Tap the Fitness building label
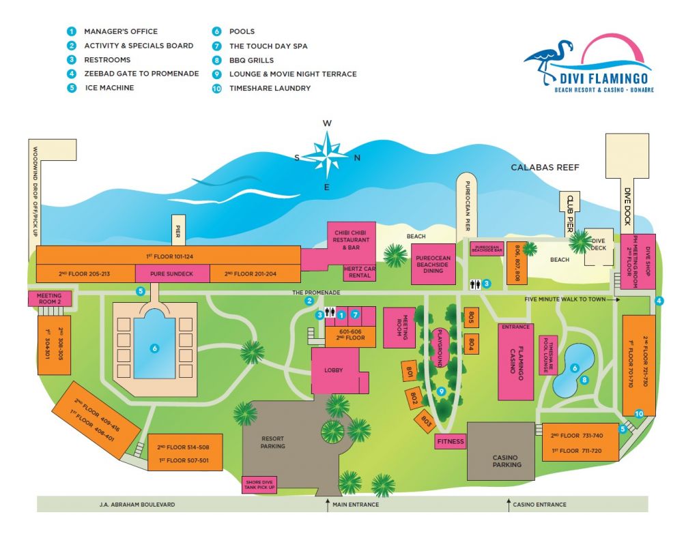point(450,442)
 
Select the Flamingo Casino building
point(516,361)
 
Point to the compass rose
point(328,155)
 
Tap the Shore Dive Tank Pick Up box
point(259,484)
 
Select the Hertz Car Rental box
point(359,273)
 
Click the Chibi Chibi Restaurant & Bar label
point(351,236)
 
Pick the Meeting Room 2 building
point(44,298)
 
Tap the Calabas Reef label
point(543,167)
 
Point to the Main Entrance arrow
point(327,505)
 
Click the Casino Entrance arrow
point(508,505)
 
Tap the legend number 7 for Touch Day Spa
point(216,46)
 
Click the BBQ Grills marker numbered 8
point(584,380)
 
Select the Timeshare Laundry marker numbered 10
point(639,413)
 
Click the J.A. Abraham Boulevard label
point(143,505)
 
